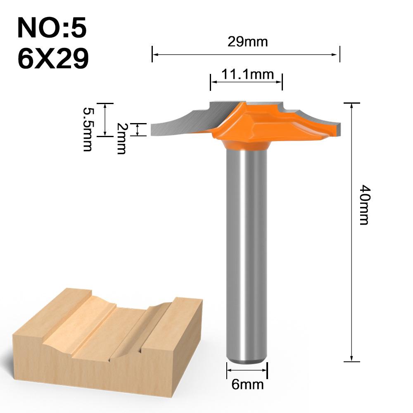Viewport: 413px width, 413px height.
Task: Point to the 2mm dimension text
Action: tap(121, 138)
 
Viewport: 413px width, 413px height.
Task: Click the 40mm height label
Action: tap(363, 204)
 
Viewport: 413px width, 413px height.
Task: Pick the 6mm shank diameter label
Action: tap(247, 385)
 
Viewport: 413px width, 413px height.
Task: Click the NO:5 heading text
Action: tap(52, 28)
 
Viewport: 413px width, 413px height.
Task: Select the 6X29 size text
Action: tap(53, 59)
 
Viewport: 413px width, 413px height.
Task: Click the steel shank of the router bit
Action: tap(247, 248)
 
